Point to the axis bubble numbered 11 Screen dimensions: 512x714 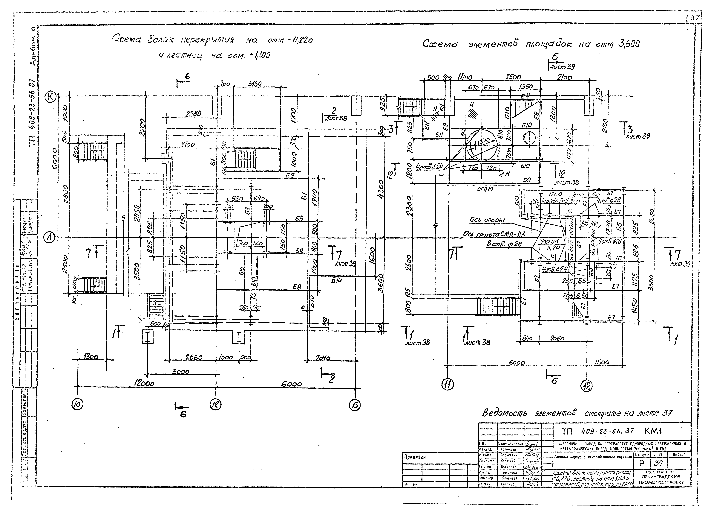point(447,385)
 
